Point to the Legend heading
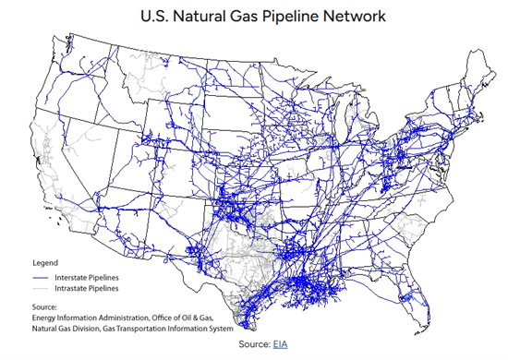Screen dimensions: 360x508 point(44,262)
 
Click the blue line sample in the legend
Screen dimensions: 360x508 point(42,277)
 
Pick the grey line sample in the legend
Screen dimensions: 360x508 point(42,288)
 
